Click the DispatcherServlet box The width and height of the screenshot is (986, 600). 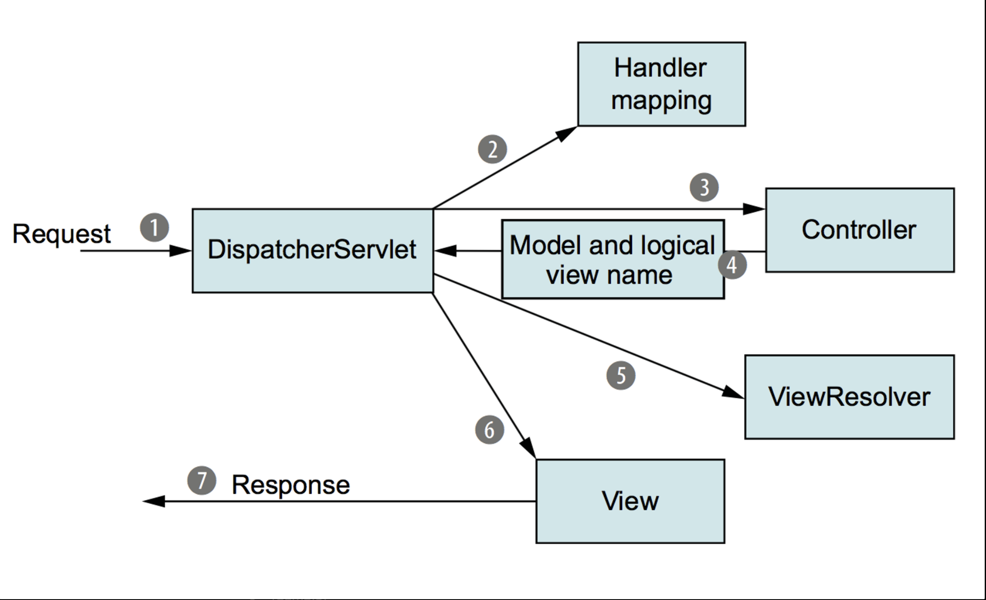[x=313, y=251]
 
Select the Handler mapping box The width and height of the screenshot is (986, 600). [x=662, y=84]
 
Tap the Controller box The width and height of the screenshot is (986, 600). [x=860, y=230]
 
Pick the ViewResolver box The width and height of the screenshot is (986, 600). [x=850, y=397]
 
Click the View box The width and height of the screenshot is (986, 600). [x=630, y=501]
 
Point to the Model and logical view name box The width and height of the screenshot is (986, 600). [x=613, y=259]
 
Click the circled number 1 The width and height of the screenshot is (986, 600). [x=154, y=227]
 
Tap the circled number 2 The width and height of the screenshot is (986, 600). [x=493, y=149]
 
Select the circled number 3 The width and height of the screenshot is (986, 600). [x=704, y=187]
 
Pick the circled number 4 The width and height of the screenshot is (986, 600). [x=732, y=265]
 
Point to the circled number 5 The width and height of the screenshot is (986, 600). [x=621, y=375]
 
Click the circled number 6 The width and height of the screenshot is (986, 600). [x=490, y=429]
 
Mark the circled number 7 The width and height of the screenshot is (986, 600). [x=202, y=480]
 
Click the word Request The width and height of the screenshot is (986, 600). [x=62, y=234]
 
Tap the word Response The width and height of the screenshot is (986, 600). [x=291, y=485]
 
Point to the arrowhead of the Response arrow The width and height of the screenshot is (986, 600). [x=154, y=501]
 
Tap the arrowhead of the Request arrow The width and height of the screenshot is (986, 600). [x=180, y=251]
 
